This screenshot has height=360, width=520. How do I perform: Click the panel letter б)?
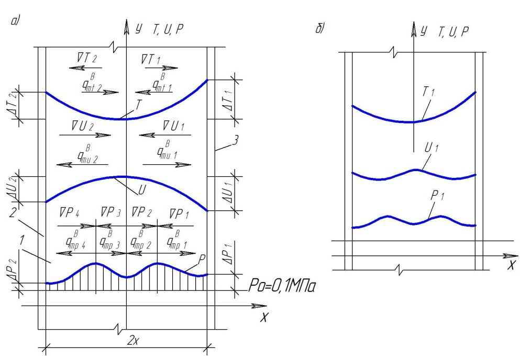click(x=319, y=28)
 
